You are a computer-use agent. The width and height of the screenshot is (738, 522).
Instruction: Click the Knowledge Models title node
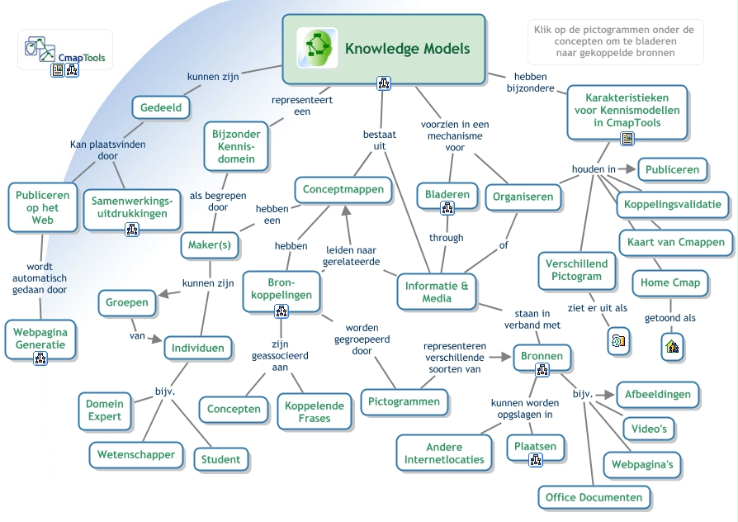[x=384, y=49]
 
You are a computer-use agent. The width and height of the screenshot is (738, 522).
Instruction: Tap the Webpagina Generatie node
[x=40, y=338]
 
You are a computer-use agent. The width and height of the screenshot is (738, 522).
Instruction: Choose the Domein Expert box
[x=105, y=410]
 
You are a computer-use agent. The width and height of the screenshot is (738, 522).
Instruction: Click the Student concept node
[x=221, y=459]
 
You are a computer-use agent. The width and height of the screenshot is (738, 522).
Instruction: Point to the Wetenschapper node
[x=136, y=454]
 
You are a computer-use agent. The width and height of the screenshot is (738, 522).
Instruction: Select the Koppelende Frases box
[x=315, y=411]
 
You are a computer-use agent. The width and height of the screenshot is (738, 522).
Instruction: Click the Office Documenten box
[x=594, y=497]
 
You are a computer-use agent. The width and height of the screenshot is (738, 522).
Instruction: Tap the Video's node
[x=649, y=429]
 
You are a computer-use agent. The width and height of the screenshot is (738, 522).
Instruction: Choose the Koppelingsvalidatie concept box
[x=673, y=204]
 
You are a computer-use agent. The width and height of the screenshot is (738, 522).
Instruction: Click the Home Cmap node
[x=669, y=282]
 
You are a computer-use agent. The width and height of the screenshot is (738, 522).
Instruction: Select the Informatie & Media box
[x=437, y=292]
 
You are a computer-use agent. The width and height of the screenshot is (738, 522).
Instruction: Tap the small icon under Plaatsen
[x=536, y=460]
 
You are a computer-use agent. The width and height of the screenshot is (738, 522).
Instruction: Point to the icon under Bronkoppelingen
[x=281, y=311]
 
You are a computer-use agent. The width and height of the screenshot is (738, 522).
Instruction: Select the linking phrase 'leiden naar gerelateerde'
[x=352, y=255]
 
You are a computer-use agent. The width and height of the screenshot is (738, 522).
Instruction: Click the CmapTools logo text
[x=81, y=58]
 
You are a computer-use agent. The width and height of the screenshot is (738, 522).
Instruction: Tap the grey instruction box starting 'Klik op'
[x=614, y=41]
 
